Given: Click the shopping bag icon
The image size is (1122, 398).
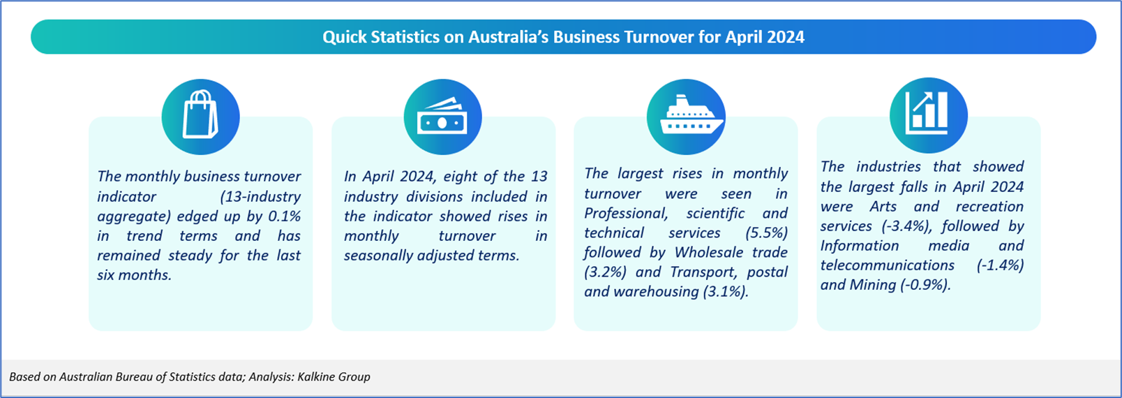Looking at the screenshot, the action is click(x=200, y=115).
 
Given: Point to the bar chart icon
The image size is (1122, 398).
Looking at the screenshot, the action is click(x=927, y=113).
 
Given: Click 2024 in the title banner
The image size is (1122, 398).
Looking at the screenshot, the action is click(x=785, y=37).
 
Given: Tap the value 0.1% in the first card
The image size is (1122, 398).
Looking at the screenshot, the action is click(x=285, y=216).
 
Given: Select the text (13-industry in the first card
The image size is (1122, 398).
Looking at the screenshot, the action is click(x=260, y=196).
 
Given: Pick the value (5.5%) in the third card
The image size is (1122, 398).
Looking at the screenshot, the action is click(x=766, y=233).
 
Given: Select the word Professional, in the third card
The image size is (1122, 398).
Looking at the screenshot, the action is click(x=626, y=214).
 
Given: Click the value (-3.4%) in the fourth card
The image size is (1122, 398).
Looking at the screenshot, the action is click(x=907, y=226).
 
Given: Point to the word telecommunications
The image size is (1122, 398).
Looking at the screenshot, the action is click(x=887, y=265).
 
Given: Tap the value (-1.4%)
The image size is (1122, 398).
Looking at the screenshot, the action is click(x=1001, y=265).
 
